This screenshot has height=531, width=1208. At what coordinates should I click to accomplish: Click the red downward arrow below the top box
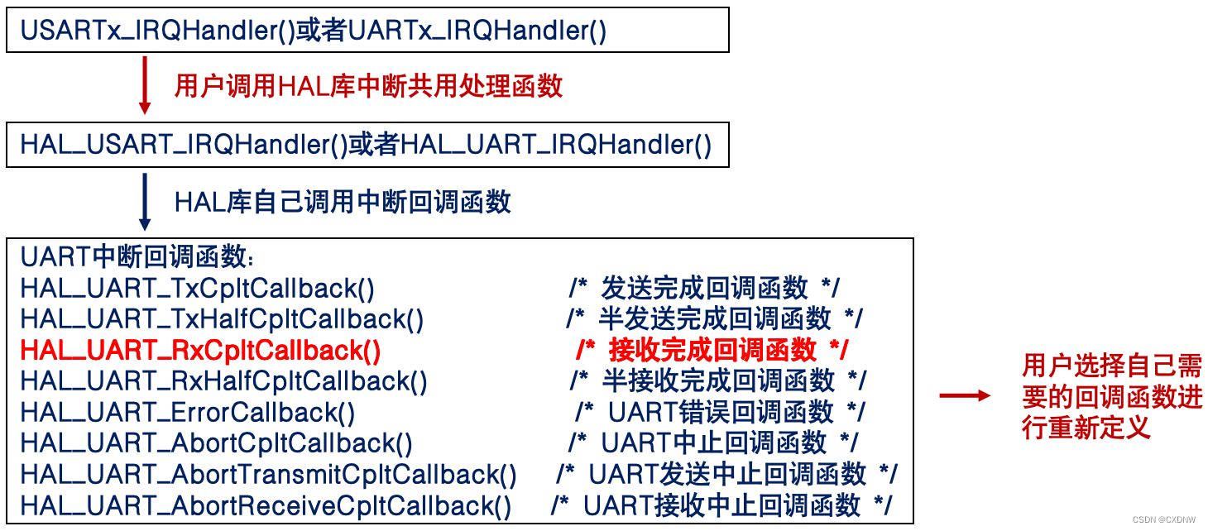click(146, 85)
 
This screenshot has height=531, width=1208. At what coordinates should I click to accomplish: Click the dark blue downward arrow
click(146, 201)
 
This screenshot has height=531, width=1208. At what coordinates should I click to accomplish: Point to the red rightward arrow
click(965, 396)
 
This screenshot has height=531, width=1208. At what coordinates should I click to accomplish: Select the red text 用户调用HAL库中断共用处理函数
click(368, 86)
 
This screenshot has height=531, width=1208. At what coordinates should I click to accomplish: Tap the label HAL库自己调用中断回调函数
click(343, 202)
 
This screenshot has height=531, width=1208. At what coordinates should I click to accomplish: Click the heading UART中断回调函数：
click(138, 257)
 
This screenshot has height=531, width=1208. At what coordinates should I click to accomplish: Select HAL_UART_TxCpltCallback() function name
click(198, 289)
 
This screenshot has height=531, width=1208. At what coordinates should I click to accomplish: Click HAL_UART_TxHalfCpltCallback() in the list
click(222, 319)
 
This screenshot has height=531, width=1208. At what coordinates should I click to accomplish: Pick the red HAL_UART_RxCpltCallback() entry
click(201, 351)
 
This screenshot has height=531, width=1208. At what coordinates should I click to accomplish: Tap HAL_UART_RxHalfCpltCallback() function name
click(224, 381)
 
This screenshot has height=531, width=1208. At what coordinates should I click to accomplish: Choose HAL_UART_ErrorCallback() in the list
click(188, 412)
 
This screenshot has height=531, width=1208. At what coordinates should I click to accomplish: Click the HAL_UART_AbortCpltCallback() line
click(216, 443)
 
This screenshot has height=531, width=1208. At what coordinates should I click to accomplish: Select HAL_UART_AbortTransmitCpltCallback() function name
click(269, 475)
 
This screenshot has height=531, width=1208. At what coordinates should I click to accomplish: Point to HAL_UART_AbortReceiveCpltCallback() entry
click(266, 505)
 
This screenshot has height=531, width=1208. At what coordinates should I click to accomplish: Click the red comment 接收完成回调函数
click(712, 351)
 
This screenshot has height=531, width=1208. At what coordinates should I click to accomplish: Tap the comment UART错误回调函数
click(720, 412)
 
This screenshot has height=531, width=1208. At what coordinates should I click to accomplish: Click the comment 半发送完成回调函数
click(714, 319)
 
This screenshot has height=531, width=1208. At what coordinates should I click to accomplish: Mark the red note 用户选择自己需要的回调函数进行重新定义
click(1111, 396)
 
